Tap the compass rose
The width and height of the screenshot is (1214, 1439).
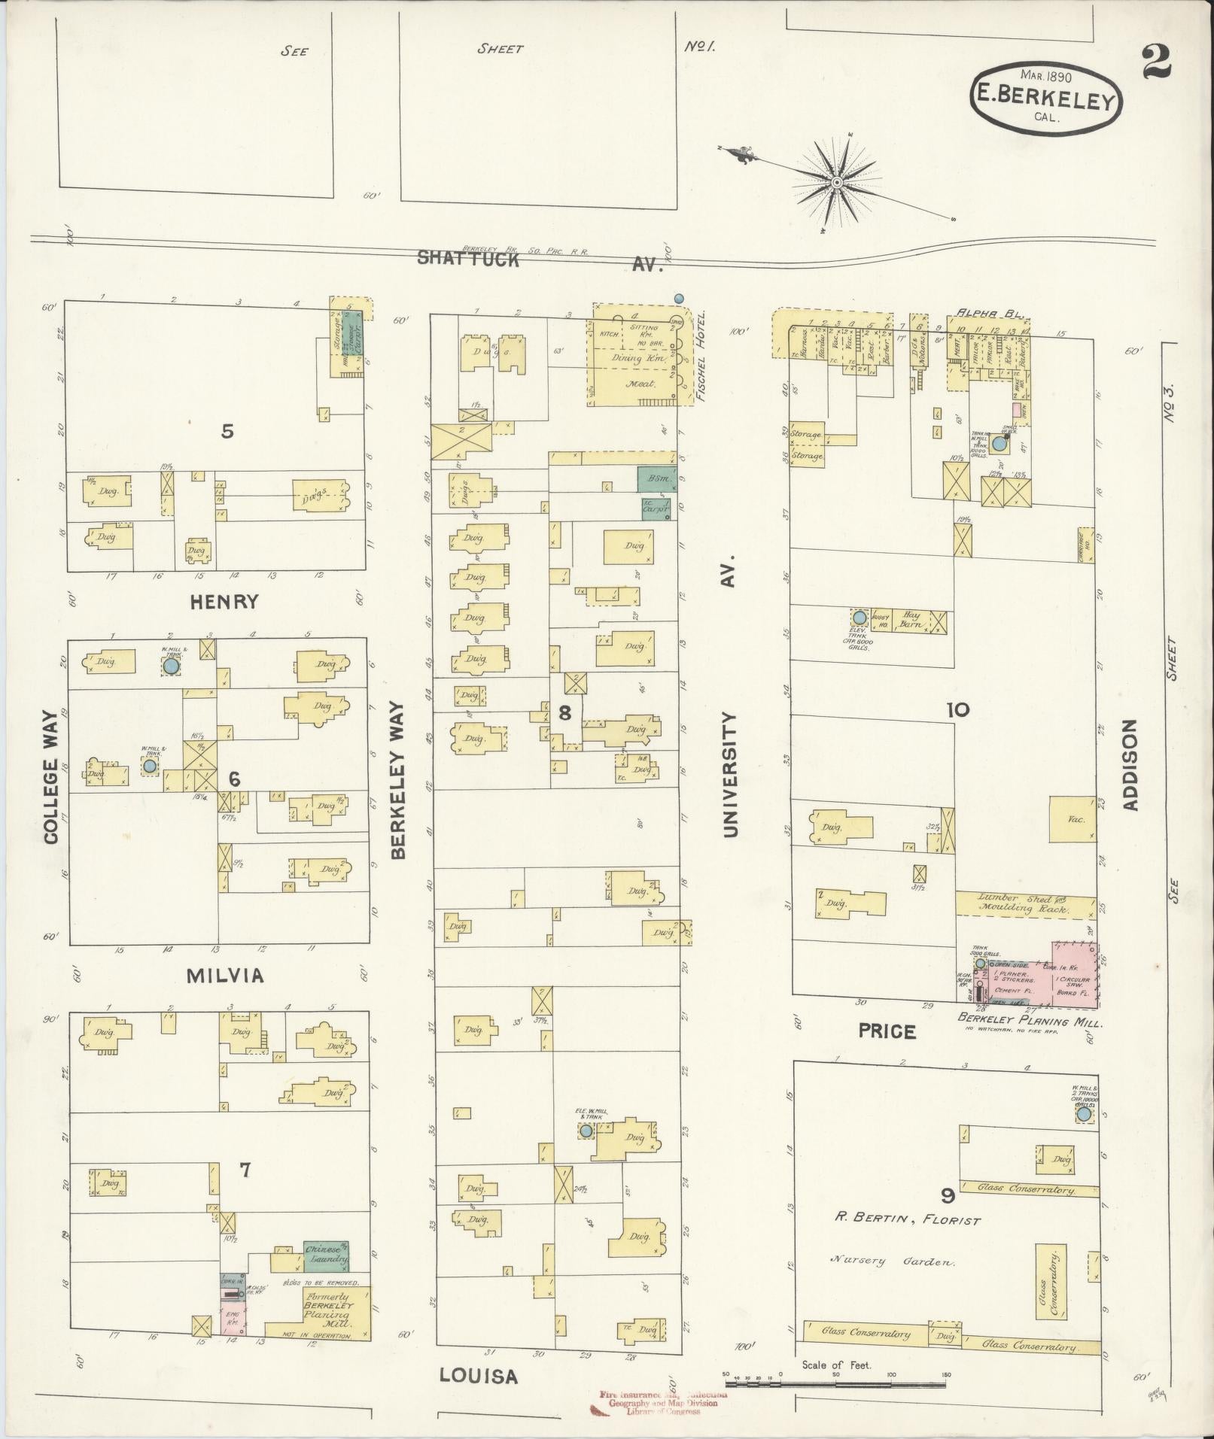(x=836, y=182)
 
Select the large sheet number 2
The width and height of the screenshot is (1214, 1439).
(x=1155, y=62)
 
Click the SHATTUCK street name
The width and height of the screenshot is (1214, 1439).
(x=468, y=259)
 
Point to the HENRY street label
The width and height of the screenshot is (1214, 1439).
(x=224, y=602)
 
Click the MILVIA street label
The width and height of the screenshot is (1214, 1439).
(x=225, y=976)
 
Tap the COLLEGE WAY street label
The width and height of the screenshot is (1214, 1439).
(x=51, y=776)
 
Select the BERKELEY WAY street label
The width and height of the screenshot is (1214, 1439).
(x=398, y=780)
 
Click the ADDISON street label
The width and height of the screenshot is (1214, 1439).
(x=1130, y=765)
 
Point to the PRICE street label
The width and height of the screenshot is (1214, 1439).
(x=887, y=1032)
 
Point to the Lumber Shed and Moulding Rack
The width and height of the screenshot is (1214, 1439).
(x=1024, y=903)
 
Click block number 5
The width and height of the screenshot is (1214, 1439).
(x=227, y=431)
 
